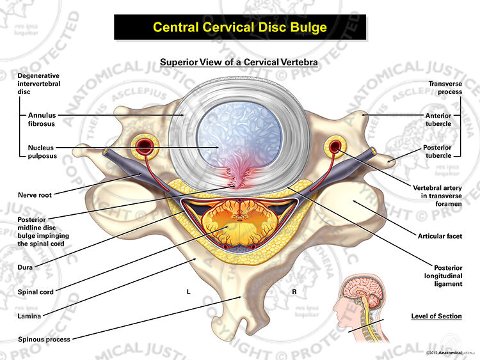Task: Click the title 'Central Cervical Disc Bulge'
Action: (x=240, y=27)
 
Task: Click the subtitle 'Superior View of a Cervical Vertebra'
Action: (x=239, y=62)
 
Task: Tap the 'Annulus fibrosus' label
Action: (x=42, y=120)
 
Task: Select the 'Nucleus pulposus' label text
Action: (x=42, y=152)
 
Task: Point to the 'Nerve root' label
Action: (x=35, y=195)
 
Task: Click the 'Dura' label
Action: (x=25, y=267)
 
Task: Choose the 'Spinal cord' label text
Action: (x=35, y=292)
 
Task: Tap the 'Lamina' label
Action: (x=29, y=316)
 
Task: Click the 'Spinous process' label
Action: (x=44, y=339)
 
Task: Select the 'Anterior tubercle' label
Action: (x=438, y=120)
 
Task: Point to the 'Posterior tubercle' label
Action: (x=437, y=152)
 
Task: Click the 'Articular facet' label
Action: (x=440, y=236)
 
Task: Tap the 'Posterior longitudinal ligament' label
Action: (x=444, y=276)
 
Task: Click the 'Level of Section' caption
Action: (x=436, y=317)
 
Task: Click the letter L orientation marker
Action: (x=189, y=292)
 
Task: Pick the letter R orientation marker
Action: (x=294, y=292)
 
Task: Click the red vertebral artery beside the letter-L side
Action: (x=145, y=146)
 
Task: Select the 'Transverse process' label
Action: (x=445, y=88)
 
